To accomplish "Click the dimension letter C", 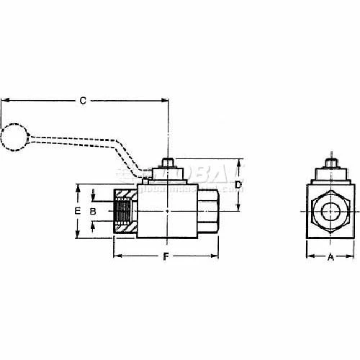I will coord(83,102).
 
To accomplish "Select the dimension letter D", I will coord(238,186).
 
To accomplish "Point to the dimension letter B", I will coord(93,211).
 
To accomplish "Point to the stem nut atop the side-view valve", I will coord(166,166).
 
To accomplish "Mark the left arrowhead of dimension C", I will coord(4,102).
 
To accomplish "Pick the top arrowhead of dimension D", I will coord(238,162).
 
